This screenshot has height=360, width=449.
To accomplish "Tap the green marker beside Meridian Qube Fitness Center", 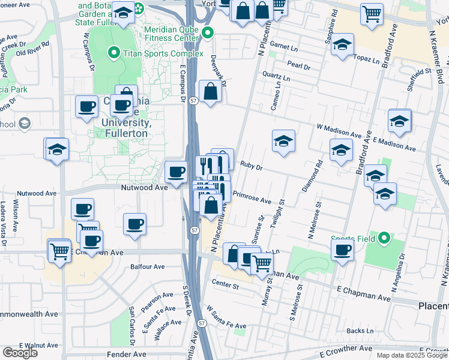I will (x=208, y=33).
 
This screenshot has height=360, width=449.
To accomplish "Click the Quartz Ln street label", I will (x=276, y=78).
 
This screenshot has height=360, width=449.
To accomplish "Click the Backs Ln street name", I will (x=360, y=331).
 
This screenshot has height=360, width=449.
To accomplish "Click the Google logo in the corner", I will (x=20, y=353).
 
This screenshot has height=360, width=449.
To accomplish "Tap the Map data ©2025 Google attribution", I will (x=412, y=355).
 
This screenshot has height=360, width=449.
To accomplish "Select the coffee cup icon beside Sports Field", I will (x=343, y=250).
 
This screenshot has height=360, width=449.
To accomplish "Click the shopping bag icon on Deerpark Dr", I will (x=211, y=92).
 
